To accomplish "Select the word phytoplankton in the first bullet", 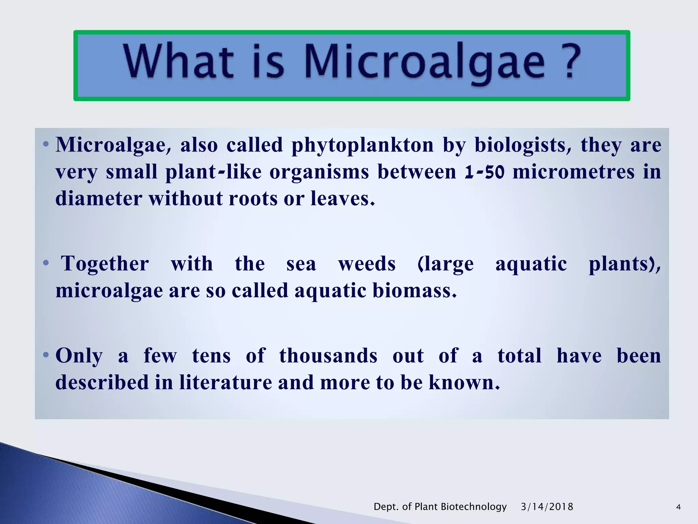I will click(x=363, y=145).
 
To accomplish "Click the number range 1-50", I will click(x=484, y=172).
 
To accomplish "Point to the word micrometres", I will click(x=573, y=172).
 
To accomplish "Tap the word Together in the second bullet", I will click(x=105, y=264).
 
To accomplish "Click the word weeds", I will click(x=367, y=264).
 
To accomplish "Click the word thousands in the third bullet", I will click(x=328, y=355).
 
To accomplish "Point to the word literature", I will click(x=226, y=382).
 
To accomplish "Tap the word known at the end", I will click(x=464, y=382).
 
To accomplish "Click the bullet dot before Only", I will click(x=46, y=355).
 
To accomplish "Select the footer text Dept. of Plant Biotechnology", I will click(x=440, y=507).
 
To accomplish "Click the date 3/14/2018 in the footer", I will click(x=547, y=507).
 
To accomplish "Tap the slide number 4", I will click(x=678, y=507).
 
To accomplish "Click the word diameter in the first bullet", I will click(x=99, y=198).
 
